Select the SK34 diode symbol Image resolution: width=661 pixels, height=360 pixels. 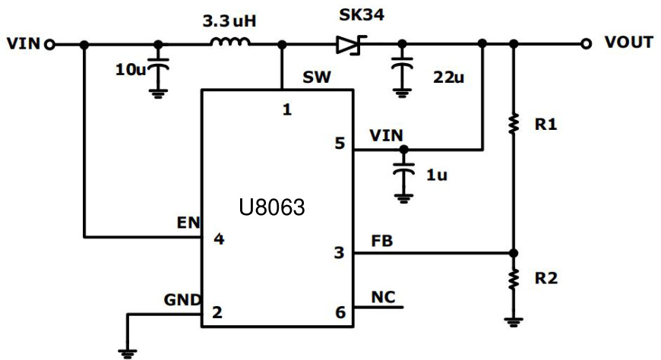(x=348, y=45)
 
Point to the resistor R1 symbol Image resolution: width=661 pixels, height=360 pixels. (x=514, y=122)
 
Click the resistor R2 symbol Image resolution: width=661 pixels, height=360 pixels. (x=514, y=278)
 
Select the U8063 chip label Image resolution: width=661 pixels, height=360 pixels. (x=271, y=207)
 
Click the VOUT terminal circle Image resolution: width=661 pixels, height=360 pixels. (x=586, y=44)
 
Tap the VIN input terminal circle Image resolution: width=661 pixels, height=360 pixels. (x=49, y=44)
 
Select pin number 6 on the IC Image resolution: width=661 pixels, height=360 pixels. (x=340, y=312)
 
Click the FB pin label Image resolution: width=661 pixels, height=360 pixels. (x=381, y=241)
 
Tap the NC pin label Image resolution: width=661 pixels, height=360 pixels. (x=382, y=296)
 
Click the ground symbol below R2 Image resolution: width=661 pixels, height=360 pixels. (x=514, y=321)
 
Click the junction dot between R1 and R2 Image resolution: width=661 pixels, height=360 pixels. (x=514, y=253)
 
